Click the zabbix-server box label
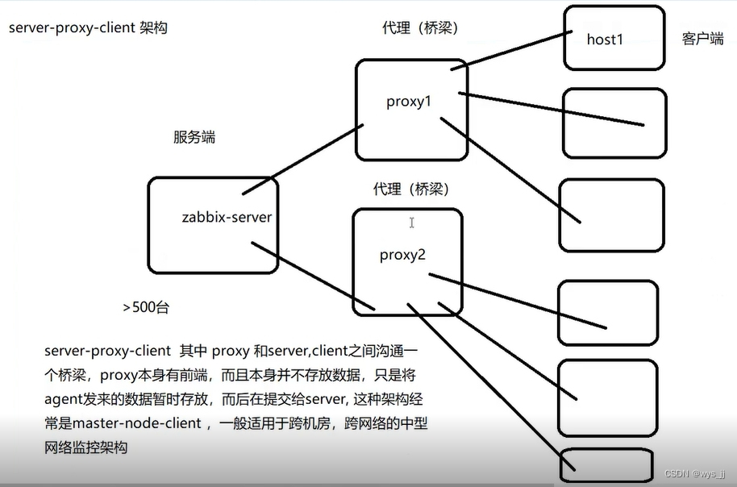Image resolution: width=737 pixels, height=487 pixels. [x=227, y=217]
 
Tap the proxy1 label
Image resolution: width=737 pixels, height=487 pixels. [x=410, y=102]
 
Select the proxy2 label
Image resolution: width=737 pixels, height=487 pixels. [x=402, y=255]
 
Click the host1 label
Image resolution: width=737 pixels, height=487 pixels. [x=606, y=38]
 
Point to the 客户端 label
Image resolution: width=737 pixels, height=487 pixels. [x=702, y=39]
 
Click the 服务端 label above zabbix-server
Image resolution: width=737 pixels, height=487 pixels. [x=194, y=137]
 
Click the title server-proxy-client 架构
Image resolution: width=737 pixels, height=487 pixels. [x=89, y=28]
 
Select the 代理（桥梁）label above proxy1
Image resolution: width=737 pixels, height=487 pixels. [x=420, y=28]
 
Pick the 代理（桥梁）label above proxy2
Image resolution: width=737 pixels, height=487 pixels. [x=411, y=189]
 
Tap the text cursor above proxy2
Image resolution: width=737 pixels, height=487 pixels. [x=411, y=222]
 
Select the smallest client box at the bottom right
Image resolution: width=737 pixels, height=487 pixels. [x=606, y=464]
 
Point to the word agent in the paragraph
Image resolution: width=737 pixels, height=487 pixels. [x=64, y=399]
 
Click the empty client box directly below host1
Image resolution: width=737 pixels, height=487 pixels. [x=614, y=123]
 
